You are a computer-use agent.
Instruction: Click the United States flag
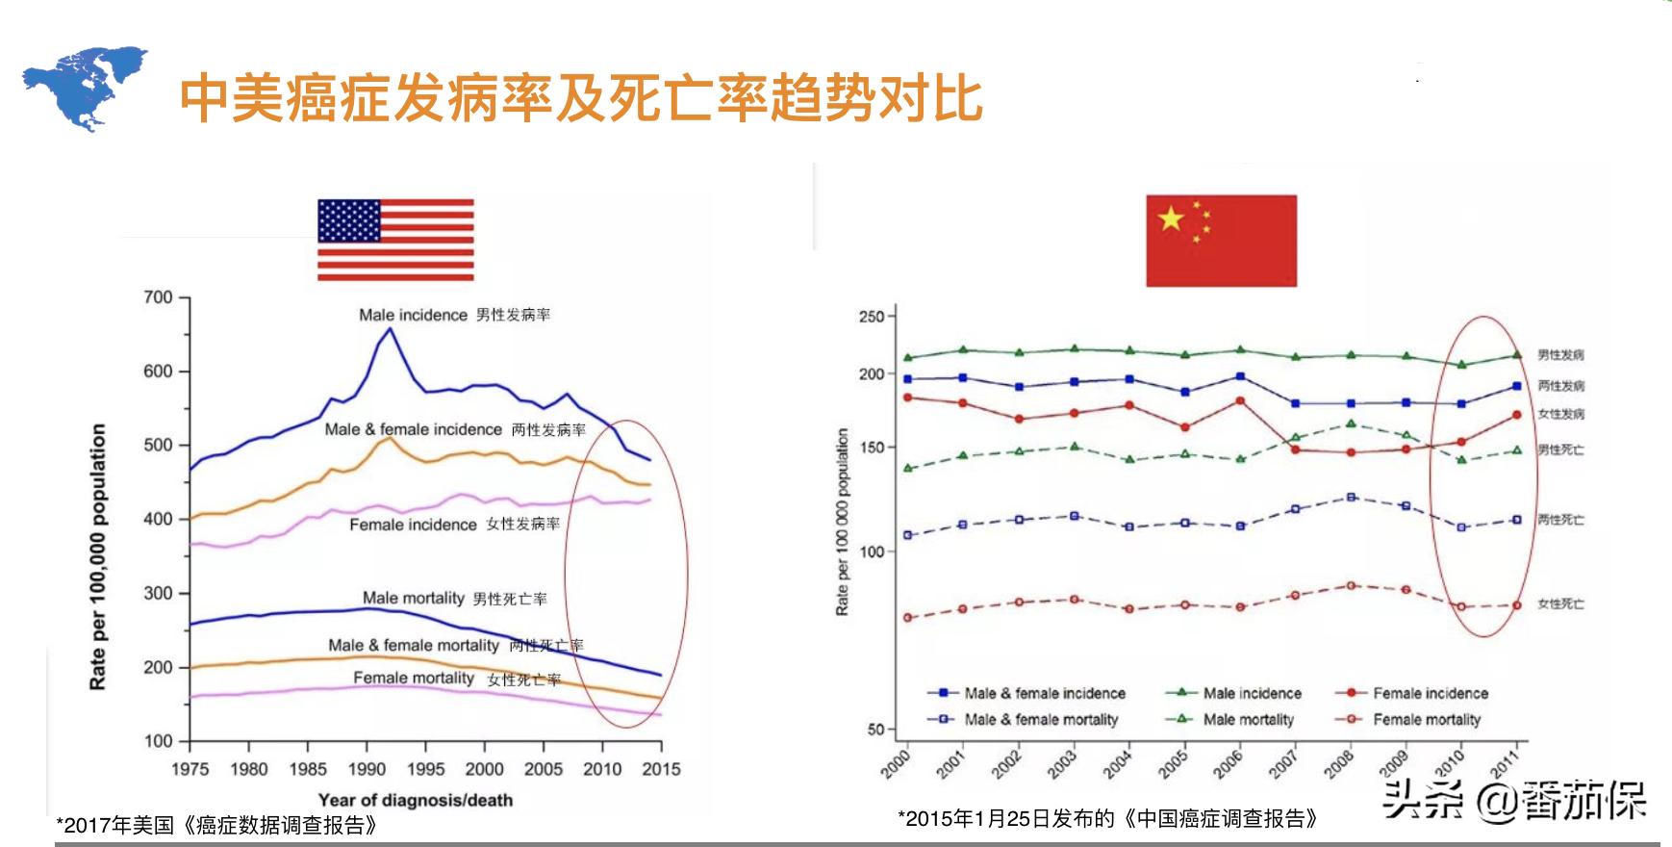click(x=395, y=240)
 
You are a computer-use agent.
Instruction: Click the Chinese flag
click(x=1221, y=241)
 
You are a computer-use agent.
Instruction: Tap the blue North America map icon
click(x=85, y=88)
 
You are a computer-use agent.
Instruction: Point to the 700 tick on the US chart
click(x=159, y=297)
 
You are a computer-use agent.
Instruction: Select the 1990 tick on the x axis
click(x=367, y=768)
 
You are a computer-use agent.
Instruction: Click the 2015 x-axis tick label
click(x=661, y=768)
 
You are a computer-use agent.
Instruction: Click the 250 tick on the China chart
click(x=872, y=317)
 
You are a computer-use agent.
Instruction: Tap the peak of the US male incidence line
click(x=390, y=328)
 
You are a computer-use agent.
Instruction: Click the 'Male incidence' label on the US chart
click(x=413, y=315)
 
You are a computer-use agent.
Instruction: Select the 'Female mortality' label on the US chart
click(x=414, y=678)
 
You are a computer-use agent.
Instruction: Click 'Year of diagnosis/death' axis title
click(x=416, y=800)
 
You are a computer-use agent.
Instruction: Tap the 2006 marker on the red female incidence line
click(x=1240, y=400)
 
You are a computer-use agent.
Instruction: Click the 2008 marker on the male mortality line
click(x=1351, y=423)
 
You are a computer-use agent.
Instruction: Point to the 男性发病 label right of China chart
click(x=1560, y=355)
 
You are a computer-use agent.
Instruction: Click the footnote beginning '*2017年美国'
click(x=216, y=826)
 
